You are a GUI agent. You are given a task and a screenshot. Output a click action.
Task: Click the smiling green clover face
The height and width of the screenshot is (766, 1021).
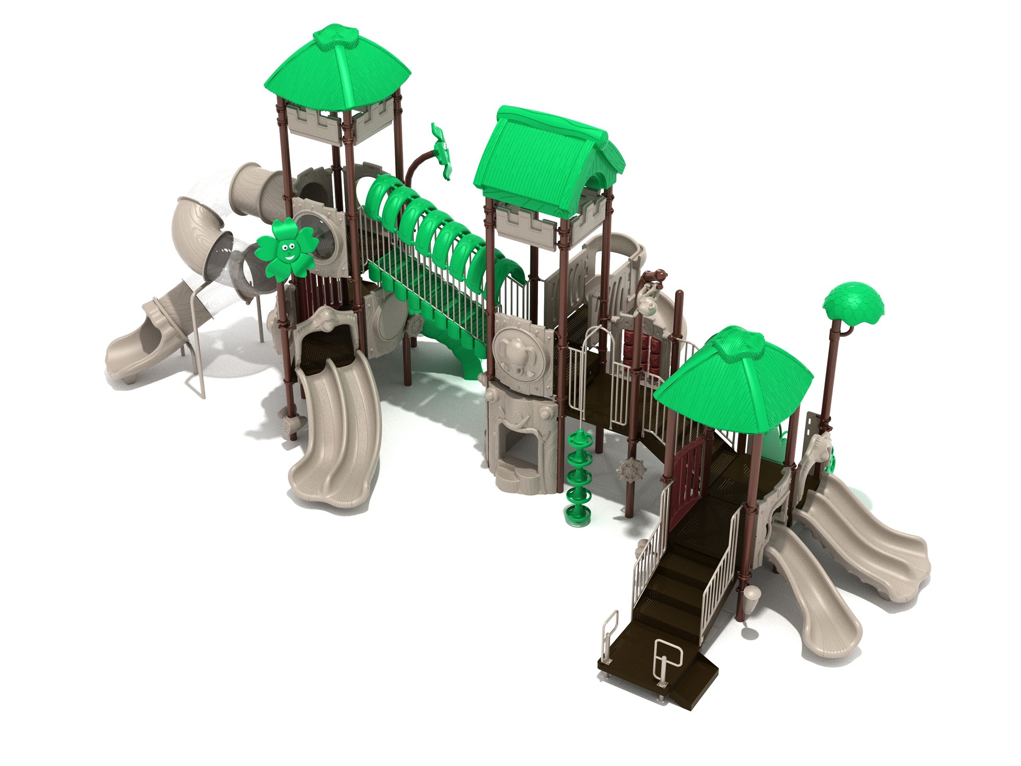286,250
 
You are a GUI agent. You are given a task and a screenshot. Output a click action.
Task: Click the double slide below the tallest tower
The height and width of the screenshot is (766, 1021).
337,429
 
